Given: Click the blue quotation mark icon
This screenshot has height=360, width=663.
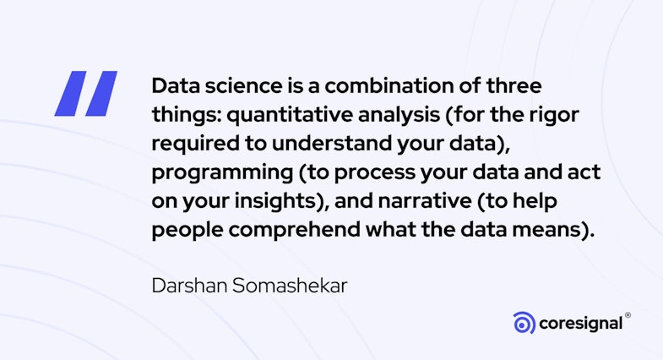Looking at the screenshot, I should [85, 93].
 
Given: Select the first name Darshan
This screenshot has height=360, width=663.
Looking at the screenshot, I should [186, 286].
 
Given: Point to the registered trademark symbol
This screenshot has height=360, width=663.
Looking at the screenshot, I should [628, 316].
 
